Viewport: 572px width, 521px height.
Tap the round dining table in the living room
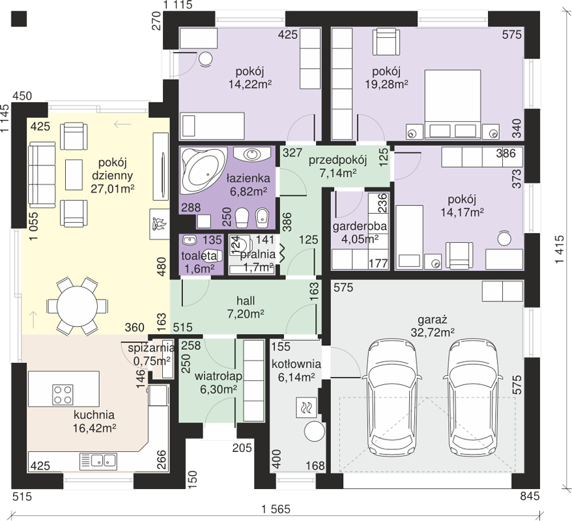[x=77, y=305]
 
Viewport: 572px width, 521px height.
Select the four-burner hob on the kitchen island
[x=63, y=395]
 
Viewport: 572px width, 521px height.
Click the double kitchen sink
[x=98, y=460]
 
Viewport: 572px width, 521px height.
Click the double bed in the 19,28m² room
[x=452, y=104]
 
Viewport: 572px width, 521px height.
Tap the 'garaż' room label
[x=433, y=320]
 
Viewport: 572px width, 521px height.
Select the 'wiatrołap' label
[x=218, y=376]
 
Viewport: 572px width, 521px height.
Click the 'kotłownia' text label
[x=296, y=364]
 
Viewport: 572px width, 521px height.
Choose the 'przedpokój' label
[x=337, y=160]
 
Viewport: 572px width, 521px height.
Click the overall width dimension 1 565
[x=276, y=509]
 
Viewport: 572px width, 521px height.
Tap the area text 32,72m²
[x=433, y=333]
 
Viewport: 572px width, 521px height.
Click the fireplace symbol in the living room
[x=160, y=224]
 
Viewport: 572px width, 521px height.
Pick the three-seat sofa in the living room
[x=42, y=175]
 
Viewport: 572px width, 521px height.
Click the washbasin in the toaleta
[x=190, y=240]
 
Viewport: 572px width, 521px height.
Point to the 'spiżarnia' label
[x=151, y=348]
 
